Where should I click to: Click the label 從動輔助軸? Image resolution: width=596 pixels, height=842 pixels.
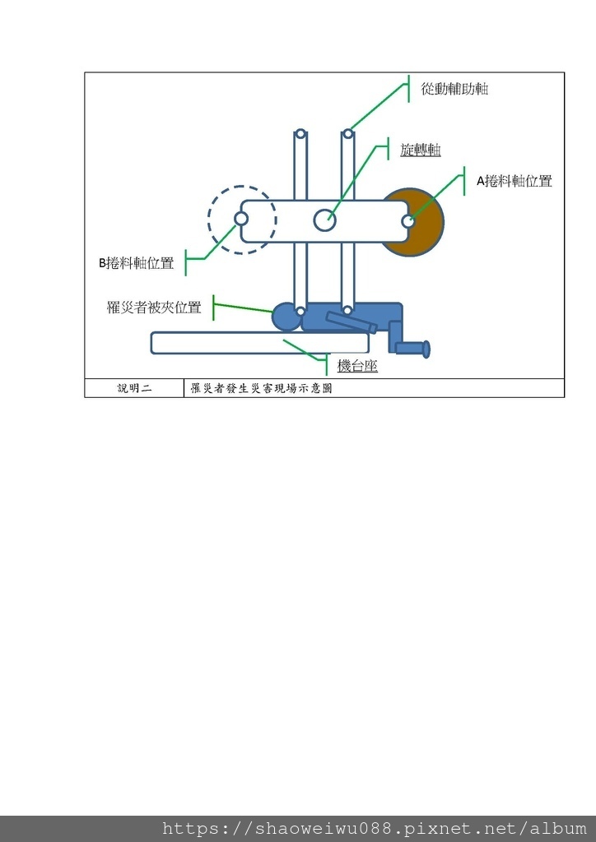point(454,89)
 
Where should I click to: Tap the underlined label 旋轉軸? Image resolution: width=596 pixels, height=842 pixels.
point(420,150)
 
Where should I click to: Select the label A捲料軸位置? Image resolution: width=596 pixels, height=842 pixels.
point(515,182)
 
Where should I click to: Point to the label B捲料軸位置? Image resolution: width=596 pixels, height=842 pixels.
point(137,263)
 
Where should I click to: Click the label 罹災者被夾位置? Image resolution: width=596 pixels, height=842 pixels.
point(154,308)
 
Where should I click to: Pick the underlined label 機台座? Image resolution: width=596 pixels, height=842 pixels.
point(357,366)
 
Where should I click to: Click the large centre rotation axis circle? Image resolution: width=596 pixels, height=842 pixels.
point(325,220)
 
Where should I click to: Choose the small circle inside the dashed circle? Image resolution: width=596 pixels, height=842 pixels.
point(241,220)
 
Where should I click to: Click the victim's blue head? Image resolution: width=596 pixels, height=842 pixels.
point(285,317)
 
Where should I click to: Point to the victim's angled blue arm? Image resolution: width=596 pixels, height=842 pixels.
point(351,322)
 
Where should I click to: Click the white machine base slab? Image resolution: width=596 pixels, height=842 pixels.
point(247,343)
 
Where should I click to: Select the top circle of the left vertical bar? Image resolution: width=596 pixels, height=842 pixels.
point(301,134)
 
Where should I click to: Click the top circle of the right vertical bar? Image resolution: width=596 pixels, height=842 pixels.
point(348,134)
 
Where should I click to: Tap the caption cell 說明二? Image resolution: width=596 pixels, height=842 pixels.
point(134,388)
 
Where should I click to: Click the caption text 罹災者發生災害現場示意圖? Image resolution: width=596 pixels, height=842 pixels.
point(261,388)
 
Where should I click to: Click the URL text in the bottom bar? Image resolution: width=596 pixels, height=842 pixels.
point(375,829)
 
